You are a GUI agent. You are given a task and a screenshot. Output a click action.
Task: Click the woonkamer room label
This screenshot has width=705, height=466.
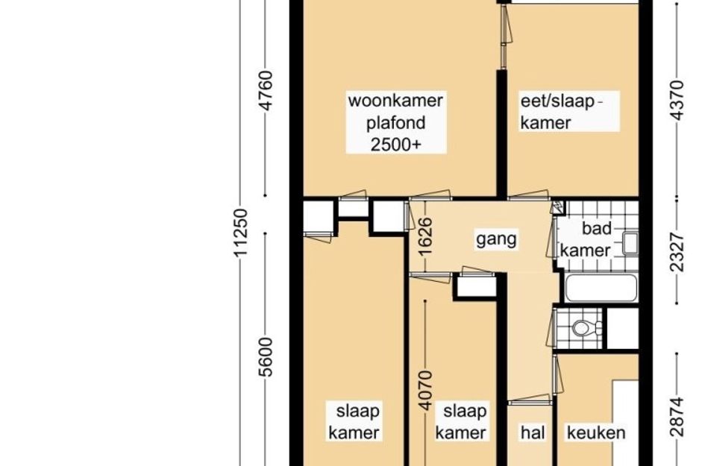tap(395, 101)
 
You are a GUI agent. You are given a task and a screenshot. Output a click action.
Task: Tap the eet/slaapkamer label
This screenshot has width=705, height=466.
tap(561, 112)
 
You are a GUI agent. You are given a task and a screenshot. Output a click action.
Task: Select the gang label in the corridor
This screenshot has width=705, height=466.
tap(496, 239)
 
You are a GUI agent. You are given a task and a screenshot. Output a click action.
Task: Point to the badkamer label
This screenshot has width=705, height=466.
tap(586, 239)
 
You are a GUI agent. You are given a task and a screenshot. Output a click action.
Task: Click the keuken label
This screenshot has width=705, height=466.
tap(596, 432)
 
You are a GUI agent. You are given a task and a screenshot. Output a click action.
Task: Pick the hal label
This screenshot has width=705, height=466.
tap(533, 432)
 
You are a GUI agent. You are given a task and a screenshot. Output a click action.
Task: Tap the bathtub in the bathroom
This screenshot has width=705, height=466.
tap(601, 288)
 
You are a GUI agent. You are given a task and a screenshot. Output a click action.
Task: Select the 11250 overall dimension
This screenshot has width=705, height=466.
tap(241, 233)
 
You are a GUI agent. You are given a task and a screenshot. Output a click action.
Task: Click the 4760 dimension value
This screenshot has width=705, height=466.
tap(266, 90)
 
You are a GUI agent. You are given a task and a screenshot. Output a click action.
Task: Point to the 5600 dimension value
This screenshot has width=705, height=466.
tap(266, 357)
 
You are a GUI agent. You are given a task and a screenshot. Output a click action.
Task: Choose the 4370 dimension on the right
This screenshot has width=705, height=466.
tap(677, 100)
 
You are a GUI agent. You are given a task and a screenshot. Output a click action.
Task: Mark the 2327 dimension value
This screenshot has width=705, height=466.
tap(677, 252)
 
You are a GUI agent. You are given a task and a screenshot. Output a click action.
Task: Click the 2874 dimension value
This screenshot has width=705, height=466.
tap(677, 417)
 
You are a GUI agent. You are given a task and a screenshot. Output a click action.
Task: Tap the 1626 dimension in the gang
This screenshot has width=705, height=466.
tap(425, 236)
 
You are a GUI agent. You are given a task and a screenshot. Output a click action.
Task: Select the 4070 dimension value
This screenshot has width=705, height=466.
tap(425, 390)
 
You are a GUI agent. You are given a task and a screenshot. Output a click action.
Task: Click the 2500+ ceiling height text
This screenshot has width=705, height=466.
tap(395, 144)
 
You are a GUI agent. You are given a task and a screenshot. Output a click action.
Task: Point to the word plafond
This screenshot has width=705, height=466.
tap(395, 123)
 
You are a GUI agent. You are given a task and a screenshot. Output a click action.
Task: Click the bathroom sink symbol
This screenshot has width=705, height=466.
tap(630, 243)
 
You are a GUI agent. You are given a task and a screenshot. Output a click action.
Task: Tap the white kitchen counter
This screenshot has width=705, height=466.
tap(625, 423)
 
